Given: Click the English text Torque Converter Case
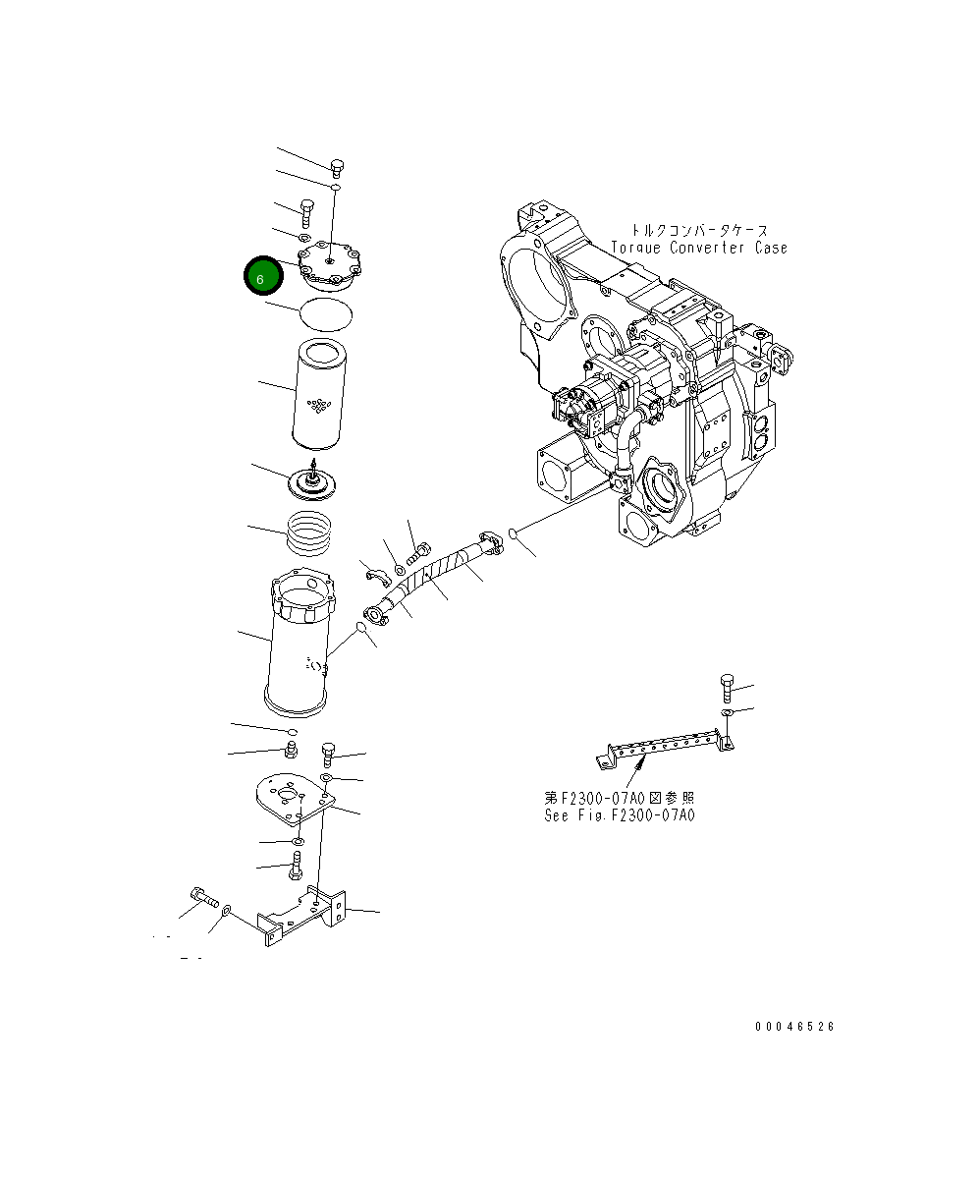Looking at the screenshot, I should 698,249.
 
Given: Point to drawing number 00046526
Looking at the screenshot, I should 794,1026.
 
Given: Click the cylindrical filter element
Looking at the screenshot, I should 316,390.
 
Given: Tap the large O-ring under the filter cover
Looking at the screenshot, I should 325,312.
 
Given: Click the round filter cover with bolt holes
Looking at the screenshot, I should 330,265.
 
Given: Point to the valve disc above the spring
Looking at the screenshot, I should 312,482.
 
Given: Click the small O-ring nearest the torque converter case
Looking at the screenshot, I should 513,533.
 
